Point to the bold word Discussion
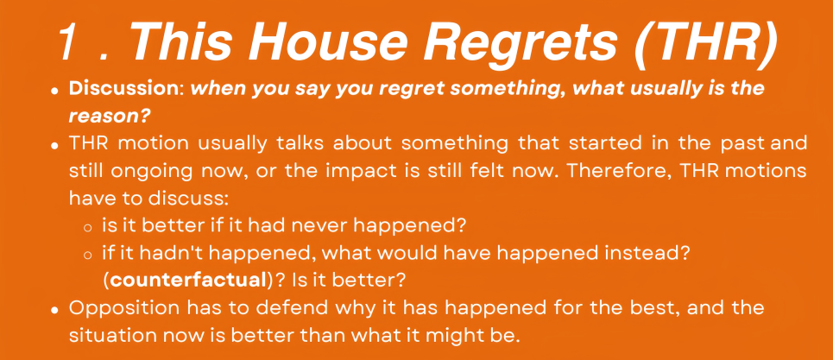[x=125, y=89]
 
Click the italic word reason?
[x=108, y=117]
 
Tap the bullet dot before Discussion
[x=54, y=92]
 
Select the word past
[x=746, y=145]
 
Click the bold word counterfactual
[x=186, y=280]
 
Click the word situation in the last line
[x=111, y=336]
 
